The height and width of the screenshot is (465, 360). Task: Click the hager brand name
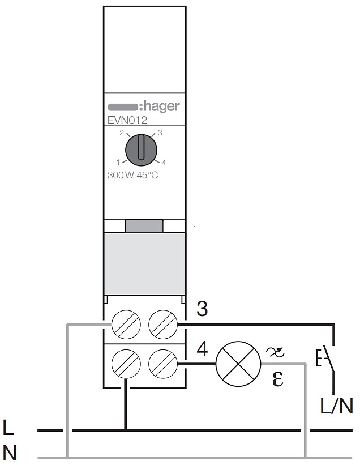pyautogui.click(x=161, y=106)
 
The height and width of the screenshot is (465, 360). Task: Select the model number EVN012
pyautogui.click(x=127, y=121)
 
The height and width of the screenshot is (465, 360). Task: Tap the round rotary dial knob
pyautogui.click(x=141, y=150)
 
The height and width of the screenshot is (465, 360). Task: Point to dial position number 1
pyautogui.click(x=118, y=162)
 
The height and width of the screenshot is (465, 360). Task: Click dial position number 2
pyautogui.click(x=122, y=133)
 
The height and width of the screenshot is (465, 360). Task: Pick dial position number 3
pyautogui.click(x=160, y=133)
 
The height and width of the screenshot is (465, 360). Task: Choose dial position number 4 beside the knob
pyautogui.click(x=164, y=163)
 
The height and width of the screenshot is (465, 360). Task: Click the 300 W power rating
pyautogui.click(x=121, y=175)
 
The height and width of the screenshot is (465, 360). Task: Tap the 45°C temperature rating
pyautogui.click(x=147, y=175)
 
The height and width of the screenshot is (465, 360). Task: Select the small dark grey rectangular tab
pyautogui.click(x=144, y=226)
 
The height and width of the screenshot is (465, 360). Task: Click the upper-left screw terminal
pyautogui.click(x=126, y=325)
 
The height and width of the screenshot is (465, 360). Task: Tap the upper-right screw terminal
pyautogui.click(x=163, y=325)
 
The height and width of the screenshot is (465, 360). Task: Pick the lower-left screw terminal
pyautogui.click(x=126, y=364)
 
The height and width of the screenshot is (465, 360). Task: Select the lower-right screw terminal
pyautogui.click(x=163, y=364)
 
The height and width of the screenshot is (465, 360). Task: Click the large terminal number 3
pyautogui.click(x=202, y=309)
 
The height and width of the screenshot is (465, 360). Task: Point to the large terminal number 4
pyautogui.click(x=202, y=349)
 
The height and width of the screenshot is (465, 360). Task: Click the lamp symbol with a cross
pyautogui.click(x=238, y=364)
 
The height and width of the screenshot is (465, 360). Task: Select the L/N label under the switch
pyautogui.click(x=337, y=406)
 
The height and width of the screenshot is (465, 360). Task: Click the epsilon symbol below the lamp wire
pyautogui.click(x=278, y=379)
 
